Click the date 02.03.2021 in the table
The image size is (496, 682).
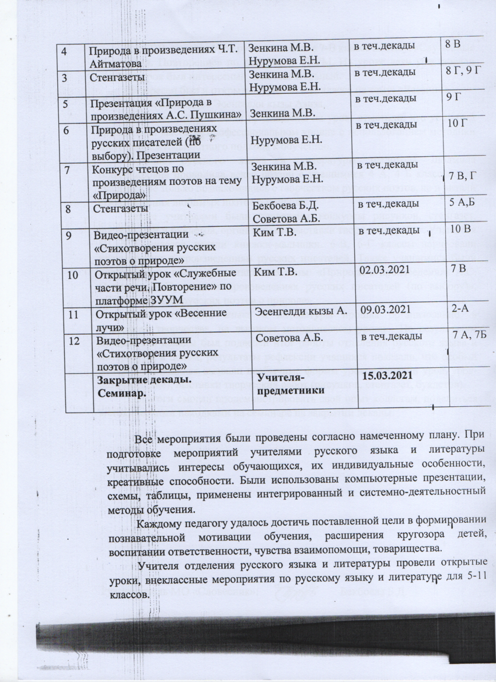click(x=383, y=272)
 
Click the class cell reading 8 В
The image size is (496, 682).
click(x=453, y=44)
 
